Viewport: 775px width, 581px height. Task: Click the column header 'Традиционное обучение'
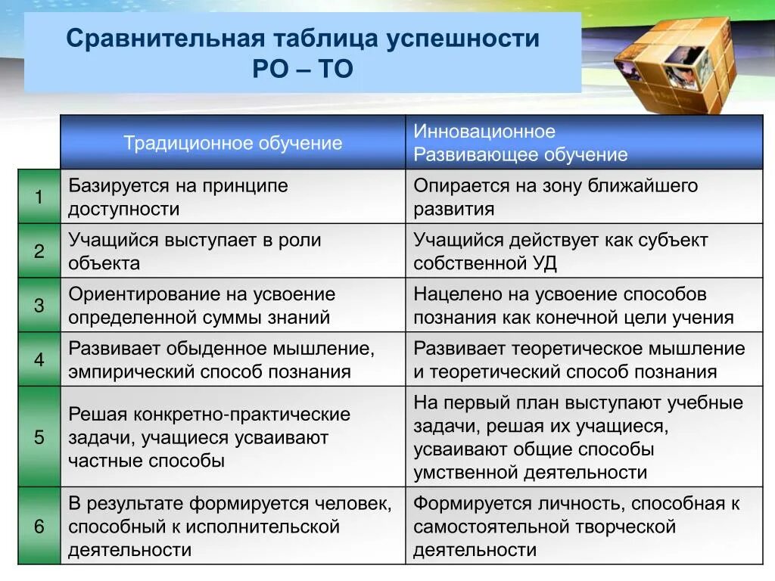coord(232,143)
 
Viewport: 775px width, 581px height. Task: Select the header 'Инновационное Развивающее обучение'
coord(584,143)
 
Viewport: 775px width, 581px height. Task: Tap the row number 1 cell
coord(39,197)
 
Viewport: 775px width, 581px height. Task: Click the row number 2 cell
coord(39,251)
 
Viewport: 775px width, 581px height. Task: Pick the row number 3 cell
coord(39,306)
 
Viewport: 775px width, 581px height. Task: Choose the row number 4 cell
coord(39,359)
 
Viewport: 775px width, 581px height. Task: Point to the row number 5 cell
coord(39,437)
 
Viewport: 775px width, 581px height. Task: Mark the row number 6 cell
coord(39,526)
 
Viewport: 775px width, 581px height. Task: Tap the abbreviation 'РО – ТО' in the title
coord(303,70)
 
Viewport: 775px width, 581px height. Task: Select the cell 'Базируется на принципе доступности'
coord(232,197)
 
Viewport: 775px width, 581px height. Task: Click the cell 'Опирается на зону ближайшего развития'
coord(584,197)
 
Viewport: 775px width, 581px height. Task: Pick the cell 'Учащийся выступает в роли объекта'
coord(232,251)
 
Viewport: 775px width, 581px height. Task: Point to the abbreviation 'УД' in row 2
coord(543,263)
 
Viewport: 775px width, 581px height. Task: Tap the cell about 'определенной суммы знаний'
coord(232,306)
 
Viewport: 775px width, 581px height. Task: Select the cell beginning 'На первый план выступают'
coord(584,437)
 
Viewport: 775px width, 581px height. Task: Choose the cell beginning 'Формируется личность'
coord(584,526)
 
